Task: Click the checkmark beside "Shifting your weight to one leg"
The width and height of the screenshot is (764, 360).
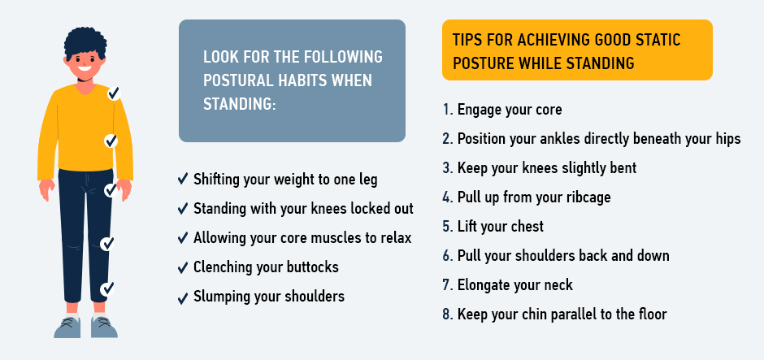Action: tap(183, 179)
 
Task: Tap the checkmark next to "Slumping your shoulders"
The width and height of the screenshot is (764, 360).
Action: tap(183, 297)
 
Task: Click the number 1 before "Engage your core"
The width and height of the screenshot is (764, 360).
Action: tap(448, 110)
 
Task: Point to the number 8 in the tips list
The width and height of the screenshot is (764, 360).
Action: tap(448, 314)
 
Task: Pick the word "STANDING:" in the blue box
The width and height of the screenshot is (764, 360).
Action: tap(239, 104)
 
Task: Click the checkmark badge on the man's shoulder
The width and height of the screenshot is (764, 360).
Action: tap(114, 93)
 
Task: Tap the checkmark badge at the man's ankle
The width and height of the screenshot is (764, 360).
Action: tap(107, 288)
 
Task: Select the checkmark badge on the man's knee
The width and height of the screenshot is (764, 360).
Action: tap(107, 244)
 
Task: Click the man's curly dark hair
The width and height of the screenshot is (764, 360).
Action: tap(85, 43)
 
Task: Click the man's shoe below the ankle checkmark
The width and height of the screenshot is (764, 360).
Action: tap(104, 327)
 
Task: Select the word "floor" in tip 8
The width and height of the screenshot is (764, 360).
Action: tap(651, 314)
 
